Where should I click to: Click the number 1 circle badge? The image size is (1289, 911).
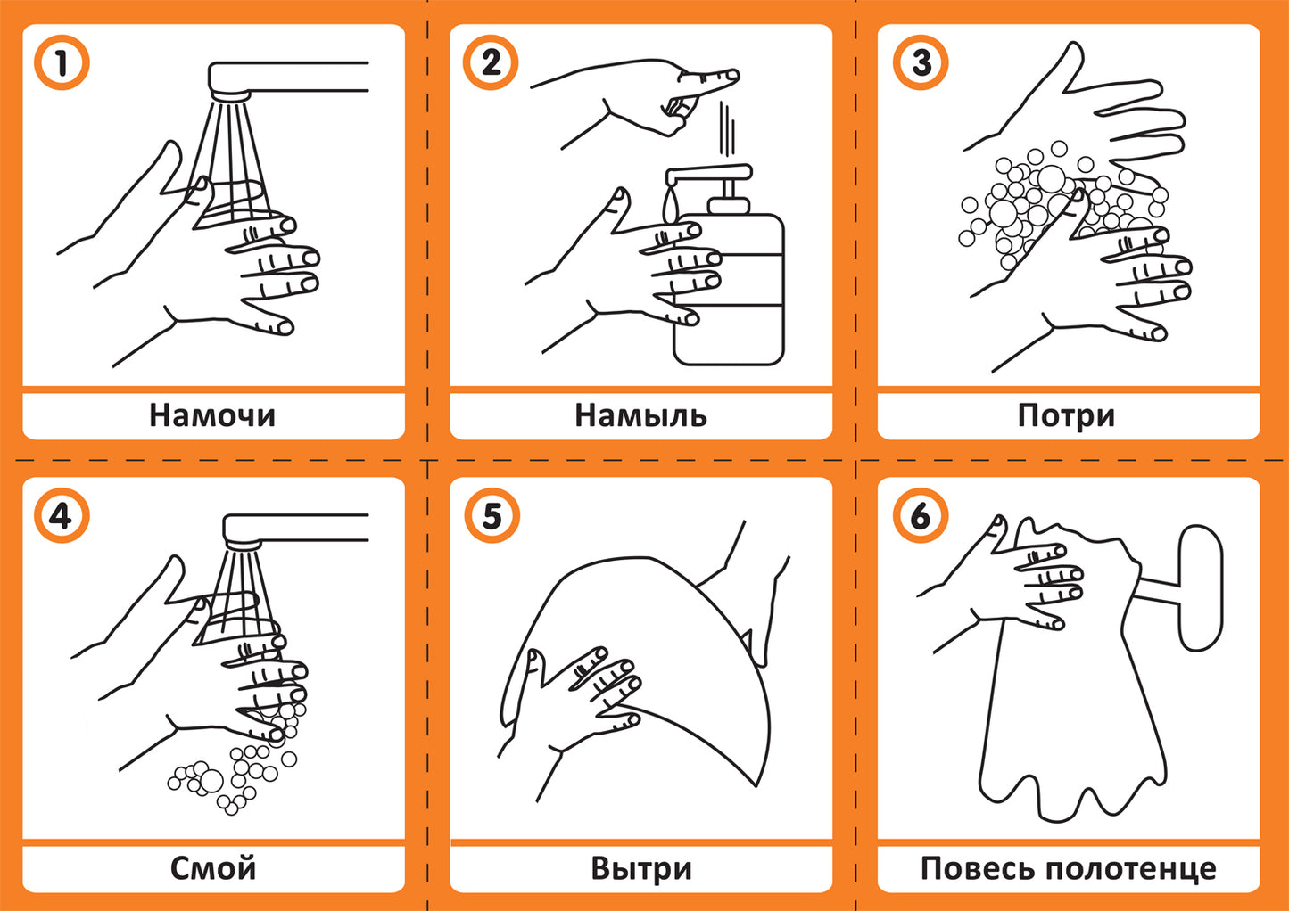[x=62, y=63]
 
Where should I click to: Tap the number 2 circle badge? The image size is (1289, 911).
[x=490, y=63]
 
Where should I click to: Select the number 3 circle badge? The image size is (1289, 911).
[x=920, y=63]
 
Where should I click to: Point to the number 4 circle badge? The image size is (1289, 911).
[x=62, y=516]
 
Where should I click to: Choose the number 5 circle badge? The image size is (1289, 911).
[x=492, y=516]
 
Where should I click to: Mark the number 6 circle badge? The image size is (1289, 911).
[x=920, y=516]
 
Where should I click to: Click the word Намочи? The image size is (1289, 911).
[x=212, y=415]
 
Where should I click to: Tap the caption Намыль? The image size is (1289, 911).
[x=640, y=415]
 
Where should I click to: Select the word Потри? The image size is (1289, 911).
[x=1066, y=415]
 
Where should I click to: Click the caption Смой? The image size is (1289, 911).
[x=212, y=868]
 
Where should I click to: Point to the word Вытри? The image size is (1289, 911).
[x=640, y=868]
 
